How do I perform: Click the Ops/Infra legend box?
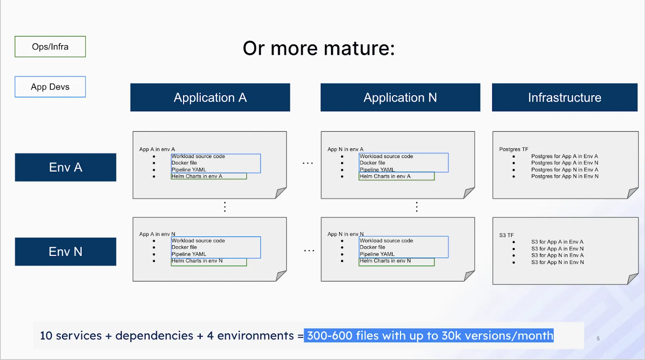point(50,47)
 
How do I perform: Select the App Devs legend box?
point(50,87)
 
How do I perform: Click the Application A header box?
point(210,98)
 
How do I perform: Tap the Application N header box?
point(400,98)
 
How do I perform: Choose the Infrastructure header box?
point(564,98)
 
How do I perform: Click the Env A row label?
point(65,167)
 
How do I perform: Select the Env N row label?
point(65,252)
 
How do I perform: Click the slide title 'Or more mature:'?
point(318,48)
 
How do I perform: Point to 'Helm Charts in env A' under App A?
point(197,176)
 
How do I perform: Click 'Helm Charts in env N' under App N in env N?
point(385,261)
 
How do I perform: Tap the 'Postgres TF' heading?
point(513,149)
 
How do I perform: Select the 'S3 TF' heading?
point(506,235)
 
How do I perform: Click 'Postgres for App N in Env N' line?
point(564,176)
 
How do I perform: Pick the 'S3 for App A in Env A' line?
point(557,242)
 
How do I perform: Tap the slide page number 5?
point(598,339)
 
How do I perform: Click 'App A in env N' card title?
point(157,234)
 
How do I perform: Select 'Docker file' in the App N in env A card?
point(372,163)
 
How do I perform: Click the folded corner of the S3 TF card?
point(633,279)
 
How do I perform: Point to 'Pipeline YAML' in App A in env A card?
point(189,170)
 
